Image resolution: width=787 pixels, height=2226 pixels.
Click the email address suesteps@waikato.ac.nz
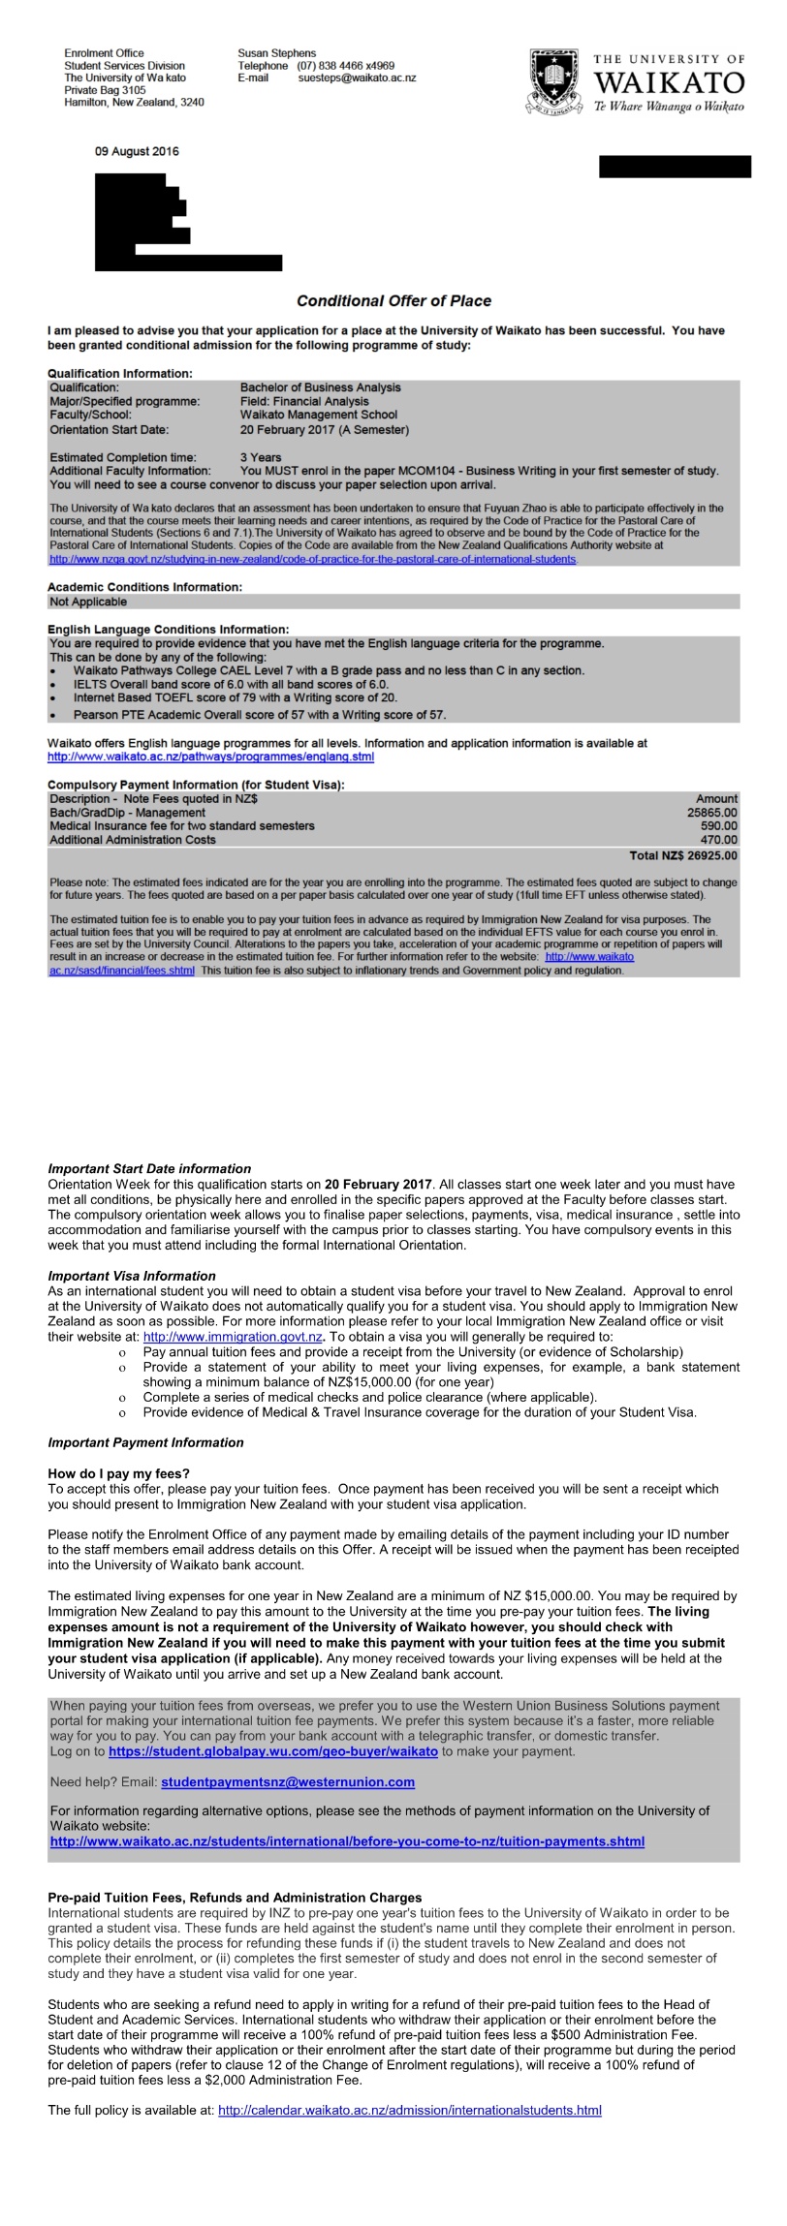357,77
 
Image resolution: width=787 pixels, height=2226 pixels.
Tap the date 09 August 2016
137,151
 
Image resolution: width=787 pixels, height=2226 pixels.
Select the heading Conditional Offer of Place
393,301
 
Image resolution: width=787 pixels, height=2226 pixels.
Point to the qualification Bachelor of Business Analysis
320,387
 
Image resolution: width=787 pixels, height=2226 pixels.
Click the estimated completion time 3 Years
261,457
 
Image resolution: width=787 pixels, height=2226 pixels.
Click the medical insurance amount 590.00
718,826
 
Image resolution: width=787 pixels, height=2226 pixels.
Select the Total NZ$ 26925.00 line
682,855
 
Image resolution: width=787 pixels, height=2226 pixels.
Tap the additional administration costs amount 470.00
718,840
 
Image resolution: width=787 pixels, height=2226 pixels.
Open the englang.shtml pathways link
210,757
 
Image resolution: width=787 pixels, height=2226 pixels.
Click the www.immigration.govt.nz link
233,1337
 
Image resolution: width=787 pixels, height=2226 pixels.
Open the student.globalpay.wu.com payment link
273,1751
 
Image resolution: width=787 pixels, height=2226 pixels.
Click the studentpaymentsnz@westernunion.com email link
288,1781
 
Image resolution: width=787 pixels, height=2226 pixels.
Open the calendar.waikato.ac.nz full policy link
409,2110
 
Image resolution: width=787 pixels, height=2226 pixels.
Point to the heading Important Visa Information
132,1276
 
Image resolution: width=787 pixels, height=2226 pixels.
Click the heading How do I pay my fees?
119,1473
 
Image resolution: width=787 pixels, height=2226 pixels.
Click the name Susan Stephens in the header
276,53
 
